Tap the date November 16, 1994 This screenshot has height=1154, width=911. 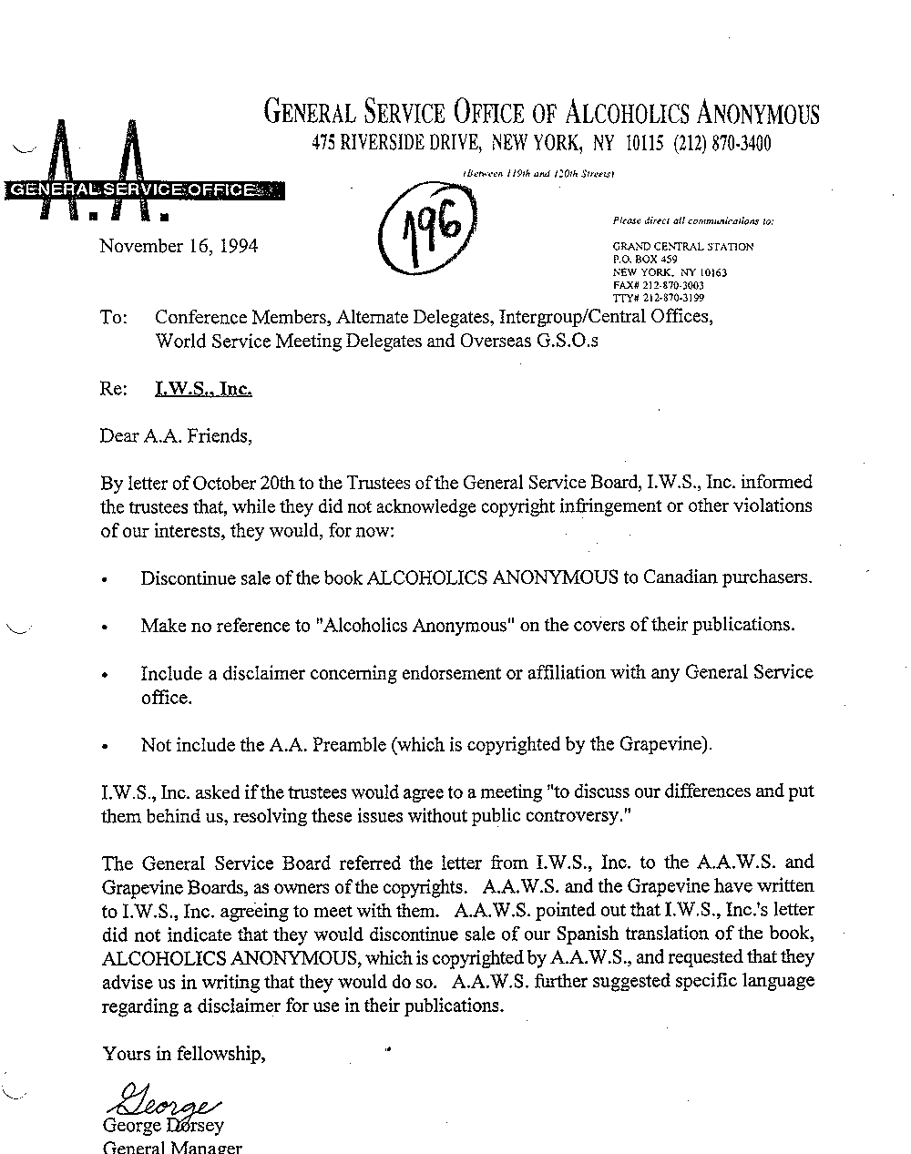click(x=179, y=246)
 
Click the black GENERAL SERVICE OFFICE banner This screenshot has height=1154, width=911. click(x=144, y=189)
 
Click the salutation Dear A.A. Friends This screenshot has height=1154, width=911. click(x=175, y=435)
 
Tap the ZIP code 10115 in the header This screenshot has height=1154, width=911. click(x=645, y=143)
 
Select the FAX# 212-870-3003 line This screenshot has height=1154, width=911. click(x=658, y=285)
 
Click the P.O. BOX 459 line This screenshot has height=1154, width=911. click(x=646, y=260)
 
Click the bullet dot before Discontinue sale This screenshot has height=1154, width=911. click(x=106, y=579)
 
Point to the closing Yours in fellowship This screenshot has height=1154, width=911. click(x=184, y=1053)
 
